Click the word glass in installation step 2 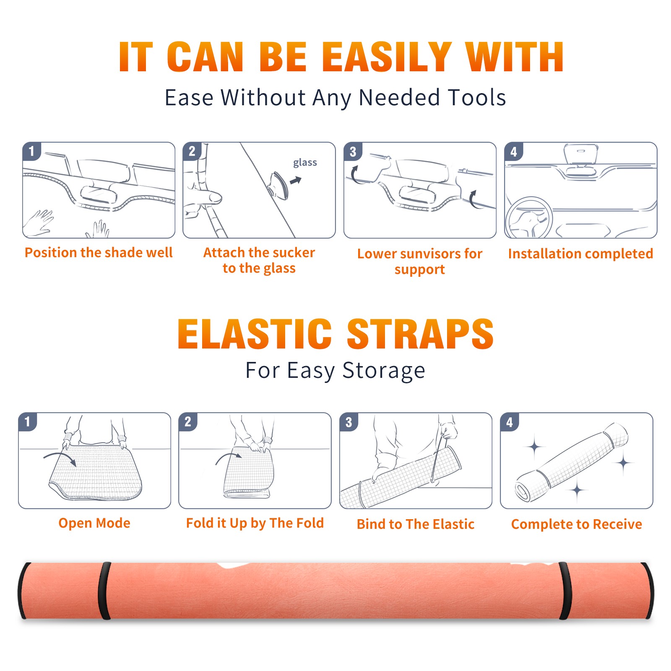[305, 163]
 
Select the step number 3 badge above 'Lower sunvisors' [353, 151]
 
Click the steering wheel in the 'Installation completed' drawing [529, 218]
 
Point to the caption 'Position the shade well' [99, 252]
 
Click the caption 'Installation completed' [580, 254]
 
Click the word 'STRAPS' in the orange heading [420, 334]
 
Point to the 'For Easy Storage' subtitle [335, 371]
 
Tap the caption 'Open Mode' [94, 523]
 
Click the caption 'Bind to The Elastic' [416, 524]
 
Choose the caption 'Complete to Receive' [577, 524]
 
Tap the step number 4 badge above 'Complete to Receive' [510, 422]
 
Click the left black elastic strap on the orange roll [104, 591]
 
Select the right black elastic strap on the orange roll [565, 591]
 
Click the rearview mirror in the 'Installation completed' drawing [580, 154]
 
